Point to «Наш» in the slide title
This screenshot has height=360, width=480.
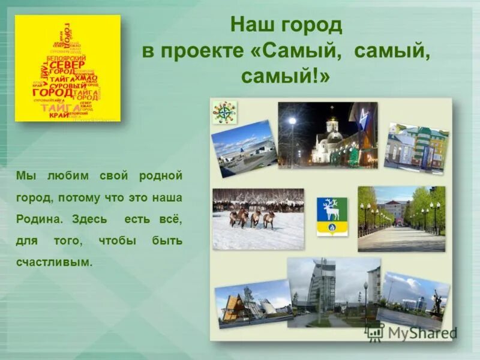point(251,26)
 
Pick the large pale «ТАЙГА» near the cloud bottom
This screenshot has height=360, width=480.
point(53,107)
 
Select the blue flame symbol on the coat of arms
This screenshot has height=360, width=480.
point(332,227)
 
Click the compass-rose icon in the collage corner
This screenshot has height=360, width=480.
point(224,112)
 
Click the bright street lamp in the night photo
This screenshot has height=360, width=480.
point(292,121)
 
